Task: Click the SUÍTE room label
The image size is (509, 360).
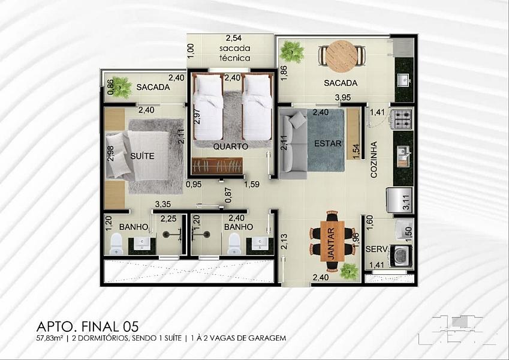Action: tap(142, 156)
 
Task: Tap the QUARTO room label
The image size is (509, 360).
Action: tap(230, 146)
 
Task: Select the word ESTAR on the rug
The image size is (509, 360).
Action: tap(328, 143)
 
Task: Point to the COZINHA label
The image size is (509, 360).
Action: tap(374, 160)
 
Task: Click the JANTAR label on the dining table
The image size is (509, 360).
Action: tap(331, 244)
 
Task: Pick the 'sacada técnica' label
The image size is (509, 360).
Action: tap(235, 53)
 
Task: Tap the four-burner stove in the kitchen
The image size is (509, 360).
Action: tap(402, 119)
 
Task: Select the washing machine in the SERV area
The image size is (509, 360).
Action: tap(402, 256)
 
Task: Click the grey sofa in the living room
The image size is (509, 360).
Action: tap(293, 144)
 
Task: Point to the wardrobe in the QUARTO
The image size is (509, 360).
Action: tap(217, 166)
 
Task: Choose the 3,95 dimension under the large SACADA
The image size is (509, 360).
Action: tap(343, 97)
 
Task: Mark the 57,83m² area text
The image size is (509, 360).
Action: tap(50, 338)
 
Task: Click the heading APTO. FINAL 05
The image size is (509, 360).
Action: tap(88, 326)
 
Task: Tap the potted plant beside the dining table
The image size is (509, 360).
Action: tap(349, 271)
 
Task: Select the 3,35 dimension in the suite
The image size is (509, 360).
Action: tap(163, 205)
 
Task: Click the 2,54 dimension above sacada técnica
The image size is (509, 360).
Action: tap(234, 38)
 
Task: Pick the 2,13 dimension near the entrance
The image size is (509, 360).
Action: tap(284, 241)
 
